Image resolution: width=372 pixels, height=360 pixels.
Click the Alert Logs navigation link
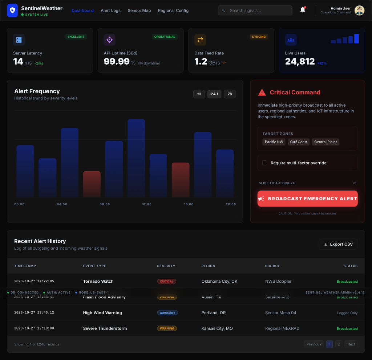point(110,11)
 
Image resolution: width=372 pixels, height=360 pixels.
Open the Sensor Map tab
point(139,11)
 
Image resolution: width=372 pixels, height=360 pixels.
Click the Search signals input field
point(260,11)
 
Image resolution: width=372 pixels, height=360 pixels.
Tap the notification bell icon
point(303,10)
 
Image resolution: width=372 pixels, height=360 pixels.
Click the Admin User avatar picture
point(359,11)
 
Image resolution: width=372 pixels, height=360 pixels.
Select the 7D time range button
point(230,94)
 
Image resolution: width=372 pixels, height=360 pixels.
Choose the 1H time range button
point(199,94)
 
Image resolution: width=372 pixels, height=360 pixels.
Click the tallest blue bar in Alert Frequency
point(136,158)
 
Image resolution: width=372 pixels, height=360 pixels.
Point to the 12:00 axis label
point(147,204)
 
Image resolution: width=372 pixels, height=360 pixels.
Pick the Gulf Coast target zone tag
point(299,142)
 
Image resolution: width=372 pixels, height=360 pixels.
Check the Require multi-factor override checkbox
point(265,163)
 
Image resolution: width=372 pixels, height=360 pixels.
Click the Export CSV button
point(338,244)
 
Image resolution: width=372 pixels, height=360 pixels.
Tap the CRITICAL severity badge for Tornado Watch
point(167,281)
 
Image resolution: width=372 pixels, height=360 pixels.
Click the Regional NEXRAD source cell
point(282,328)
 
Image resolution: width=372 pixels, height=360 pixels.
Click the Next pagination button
point(351,344)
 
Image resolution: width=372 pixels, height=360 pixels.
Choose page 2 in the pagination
point(338,344)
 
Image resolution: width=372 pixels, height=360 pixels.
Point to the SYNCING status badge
point(259,37)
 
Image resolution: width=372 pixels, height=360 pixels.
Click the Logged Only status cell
point(347,313)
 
